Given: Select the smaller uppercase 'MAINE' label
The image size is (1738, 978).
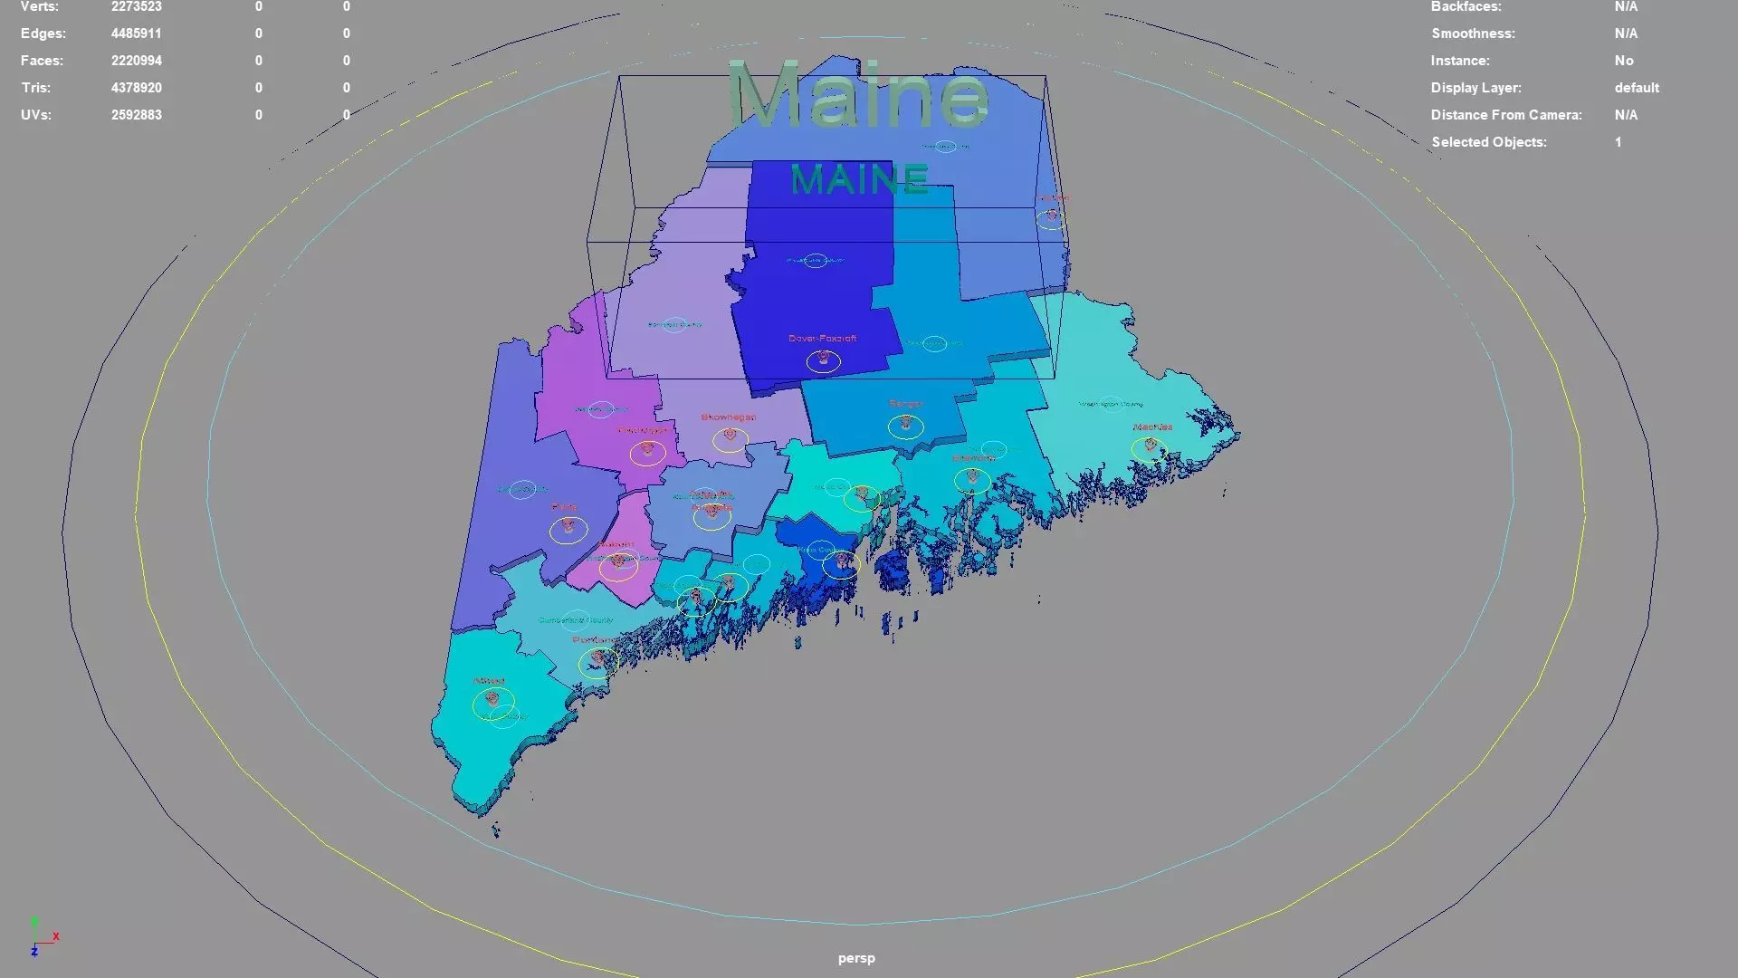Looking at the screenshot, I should point(859,179).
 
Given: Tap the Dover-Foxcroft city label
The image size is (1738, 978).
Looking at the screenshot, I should point(822,339).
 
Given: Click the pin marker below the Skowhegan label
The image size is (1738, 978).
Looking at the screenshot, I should point(730,436).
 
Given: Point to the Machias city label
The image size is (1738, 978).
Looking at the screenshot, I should point(1152,427).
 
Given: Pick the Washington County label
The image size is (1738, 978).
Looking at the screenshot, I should point(1111,404).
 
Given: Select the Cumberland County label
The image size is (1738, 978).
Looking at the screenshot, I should point(576,620).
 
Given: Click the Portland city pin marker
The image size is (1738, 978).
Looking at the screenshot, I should point(597,658).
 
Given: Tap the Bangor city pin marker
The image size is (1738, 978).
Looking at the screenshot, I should point(906,423).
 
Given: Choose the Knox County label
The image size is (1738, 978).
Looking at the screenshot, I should point(817,550).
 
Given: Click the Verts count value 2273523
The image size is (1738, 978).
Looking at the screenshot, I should point(137,7).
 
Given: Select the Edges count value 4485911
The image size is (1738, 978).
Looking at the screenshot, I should point(137,34).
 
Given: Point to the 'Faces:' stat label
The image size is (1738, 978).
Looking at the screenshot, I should point(42,61).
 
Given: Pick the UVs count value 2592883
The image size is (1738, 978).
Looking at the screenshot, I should point(137,115).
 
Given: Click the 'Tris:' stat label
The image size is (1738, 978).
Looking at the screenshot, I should point(36,88).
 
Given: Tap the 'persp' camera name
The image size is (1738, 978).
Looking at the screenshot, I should point(856,958).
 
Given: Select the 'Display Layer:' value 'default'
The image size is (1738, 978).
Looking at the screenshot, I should point(1637,88).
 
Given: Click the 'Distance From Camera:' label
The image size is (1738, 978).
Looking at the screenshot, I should point(1506,115).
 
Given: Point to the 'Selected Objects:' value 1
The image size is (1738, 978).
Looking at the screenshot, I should point(1618,142).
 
